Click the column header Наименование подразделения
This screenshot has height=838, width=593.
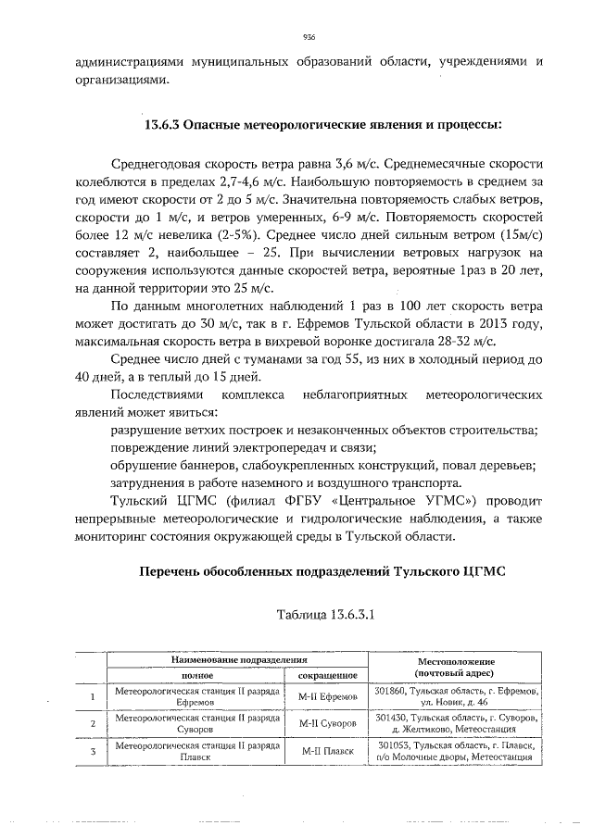236,660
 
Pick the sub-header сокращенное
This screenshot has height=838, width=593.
328,676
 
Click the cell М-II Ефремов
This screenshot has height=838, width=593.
328,696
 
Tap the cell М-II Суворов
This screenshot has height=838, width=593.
328,723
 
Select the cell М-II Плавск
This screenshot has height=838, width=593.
328,751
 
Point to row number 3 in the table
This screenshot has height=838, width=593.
91,751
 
